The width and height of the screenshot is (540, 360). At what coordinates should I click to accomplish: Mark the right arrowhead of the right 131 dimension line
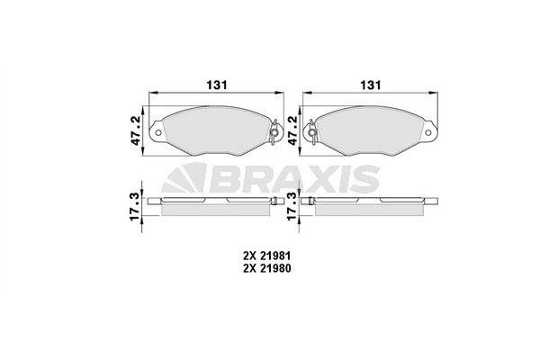(436, 94)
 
